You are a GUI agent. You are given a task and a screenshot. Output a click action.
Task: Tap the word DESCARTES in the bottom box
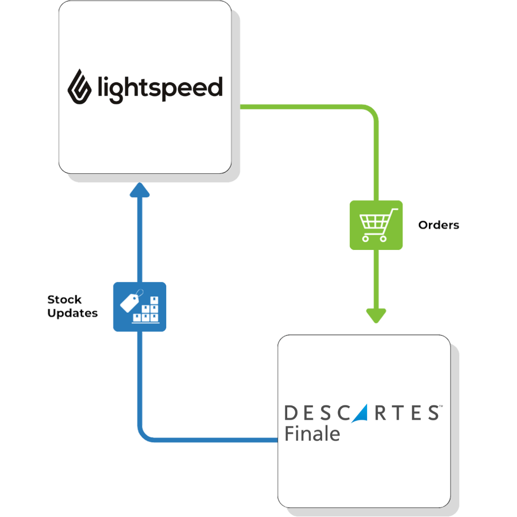[x=361, y=413]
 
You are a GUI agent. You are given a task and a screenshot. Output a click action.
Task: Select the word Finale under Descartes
[x=312, y=434]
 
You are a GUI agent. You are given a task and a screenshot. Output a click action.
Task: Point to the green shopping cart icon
[x=376, y=225]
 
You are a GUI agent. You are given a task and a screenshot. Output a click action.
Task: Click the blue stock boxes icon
[x=140, y=306]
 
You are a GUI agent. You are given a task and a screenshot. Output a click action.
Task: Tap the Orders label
[x=438, y=225]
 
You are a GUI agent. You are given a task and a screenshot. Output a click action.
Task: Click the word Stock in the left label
[x=65, y=300]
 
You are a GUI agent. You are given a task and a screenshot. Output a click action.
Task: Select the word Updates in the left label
[x=73, y=314]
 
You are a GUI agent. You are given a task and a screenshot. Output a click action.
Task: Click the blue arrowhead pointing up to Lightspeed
[x=140, y=191]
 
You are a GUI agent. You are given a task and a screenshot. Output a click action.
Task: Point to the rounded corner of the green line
[x=372, y=111]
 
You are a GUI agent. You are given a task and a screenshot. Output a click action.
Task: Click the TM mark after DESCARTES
[x=440, y=406]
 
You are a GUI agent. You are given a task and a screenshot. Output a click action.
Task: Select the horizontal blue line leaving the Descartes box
[x=215, y=439]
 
